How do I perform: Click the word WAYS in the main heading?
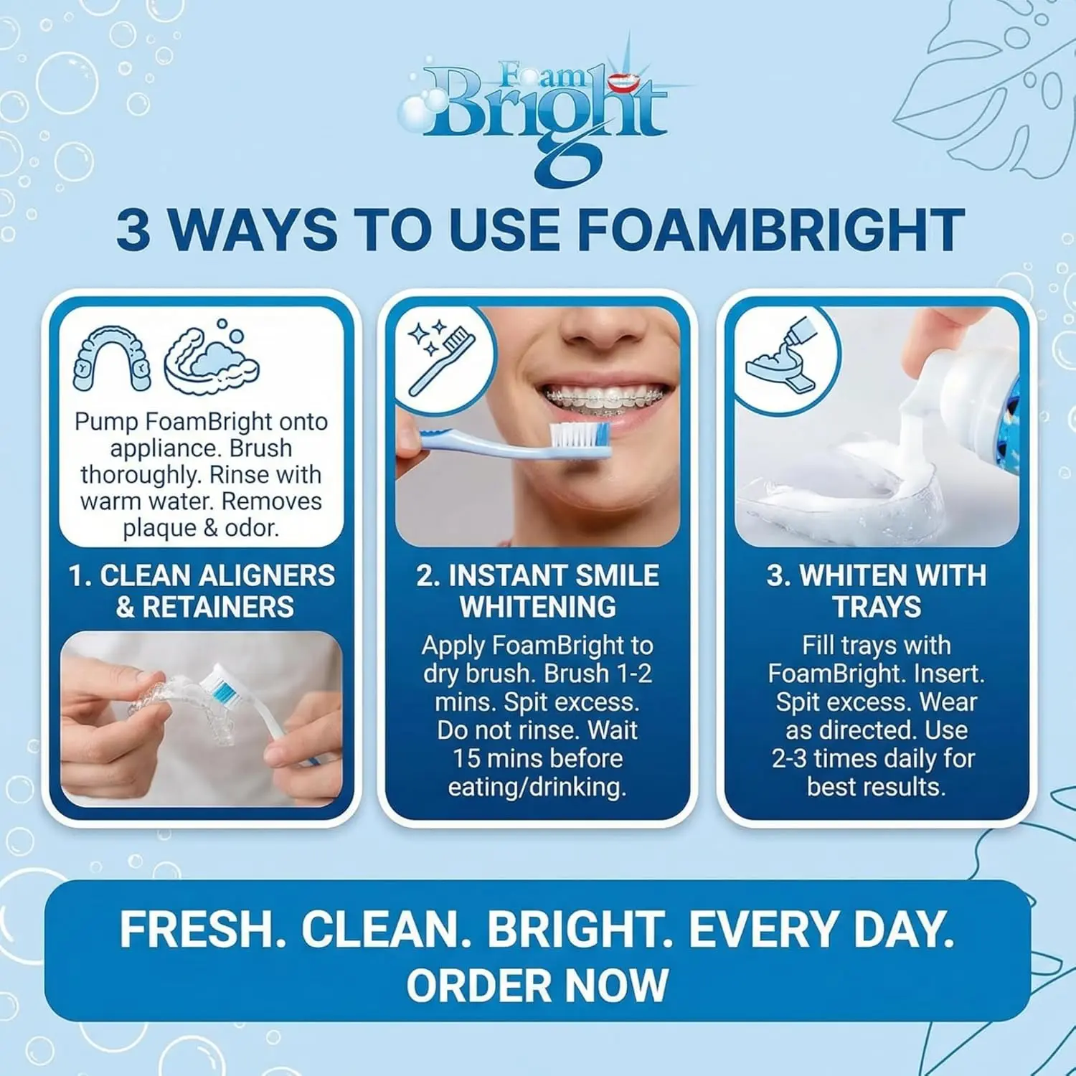252,230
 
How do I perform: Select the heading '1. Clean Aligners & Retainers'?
202,591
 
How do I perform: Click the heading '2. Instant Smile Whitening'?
538,591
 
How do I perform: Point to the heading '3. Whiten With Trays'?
877,591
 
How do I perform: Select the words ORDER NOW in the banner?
537,985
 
